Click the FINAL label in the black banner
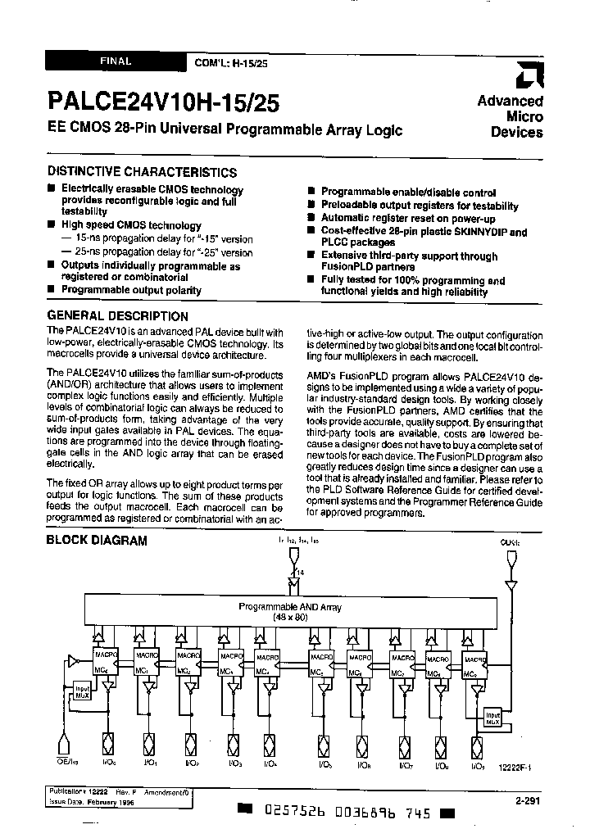[x=116, y=61]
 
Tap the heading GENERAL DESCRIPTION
[x=117, y=316]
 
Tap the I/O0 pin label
[x=109, y=763]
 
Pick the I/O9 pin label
[x=478, y=765]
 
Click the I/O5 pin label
[x=318, y=765]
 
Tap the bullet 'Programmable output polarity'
[x=131, y=290]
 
